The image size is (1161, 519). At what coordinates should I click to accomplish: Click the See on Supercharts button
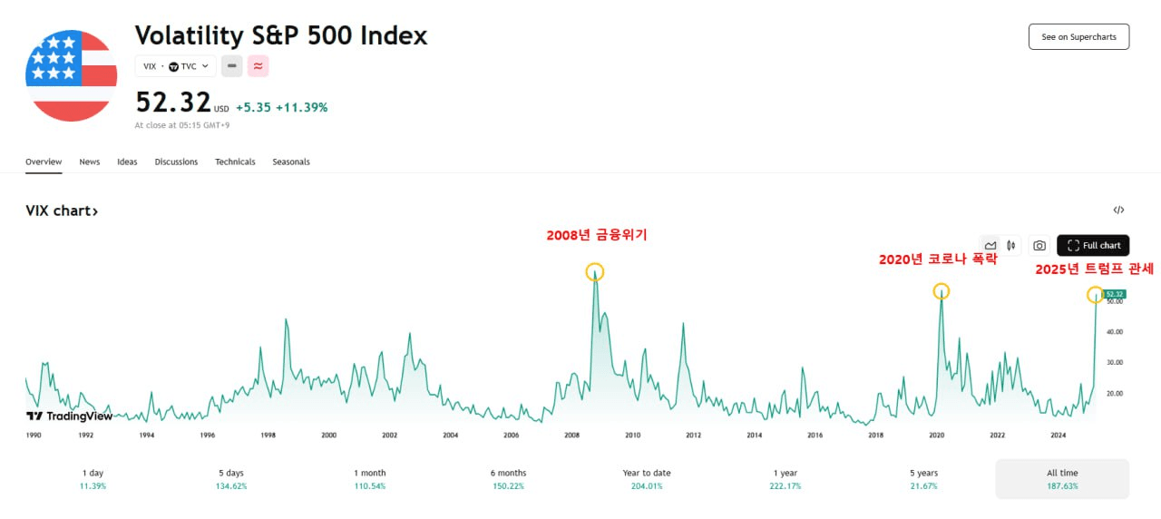coord(1078,36)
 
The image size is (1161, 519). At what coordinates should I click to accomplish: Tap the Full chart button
coord(1093,245)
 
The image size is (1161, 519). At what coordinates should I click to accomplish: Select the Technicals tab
coord(235,162)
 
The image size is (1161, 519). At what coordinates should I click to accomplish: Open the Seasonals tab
coord(291,162)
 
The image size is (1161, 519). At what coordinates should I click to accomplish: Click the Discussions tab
coord(176,162)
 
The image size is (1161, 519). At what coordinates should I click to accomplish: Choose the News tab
coord(89,162)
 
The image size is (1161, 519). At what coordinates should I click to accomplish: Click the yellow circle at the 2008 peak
coord(594,271)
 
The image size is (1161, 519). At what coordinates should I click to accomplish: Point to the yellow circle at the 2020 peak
coord(941,291)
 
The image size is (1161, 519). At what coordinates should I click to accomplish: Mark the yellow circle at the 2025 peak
coord(1095,295)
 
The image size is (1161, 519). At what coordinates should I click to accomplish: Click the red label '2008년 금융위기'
coord(596,235)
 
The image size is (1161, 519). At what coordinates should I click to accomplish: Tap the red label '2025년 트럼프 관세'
coord(1094,269)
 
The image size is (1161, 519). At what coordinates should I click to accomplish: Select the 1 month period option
coord(369,478)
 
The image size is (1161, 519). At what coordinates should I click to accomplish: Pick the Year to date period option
coord(647,478)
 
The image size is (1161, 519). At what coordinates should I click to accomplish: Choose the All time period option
coord(1062,478)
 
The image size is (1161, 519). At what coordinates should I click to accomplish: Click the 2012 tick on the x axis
coord(693,436)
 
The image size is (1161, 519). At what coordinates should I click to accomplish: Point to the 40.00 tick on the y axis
coord(1114,332)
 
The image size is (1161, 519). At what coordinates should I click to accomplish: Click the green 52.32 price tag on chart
coord(1115,294)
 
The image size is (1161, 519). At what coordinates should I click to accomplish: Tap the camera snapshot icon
coord(1039,245)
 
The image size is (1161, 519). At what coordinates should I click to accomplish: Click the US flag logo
coord(71,75)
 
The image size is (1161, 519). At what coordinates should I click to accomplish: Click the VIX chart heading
coord(62,211)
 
